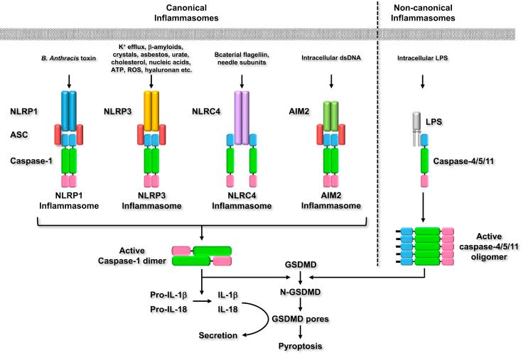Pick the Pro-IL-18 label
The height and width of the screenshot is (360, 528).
point(170,311)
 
